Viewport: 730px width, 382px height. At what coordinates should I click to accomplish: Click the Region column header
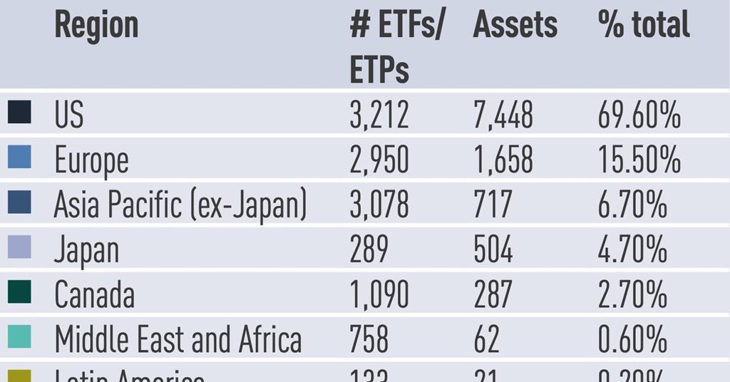96,26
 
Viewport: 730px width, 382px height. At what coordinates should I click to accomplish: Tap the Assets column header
515,26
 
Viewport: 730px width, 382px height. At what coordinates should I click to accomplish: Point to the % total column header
644,26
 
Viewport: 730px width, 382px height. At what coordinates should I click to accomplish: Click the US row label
69,115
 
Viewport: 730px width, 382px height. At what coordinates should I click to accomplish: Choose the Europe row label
91,161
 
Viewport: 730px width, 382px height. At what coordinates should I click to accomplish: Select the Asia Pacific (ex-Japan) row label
180,206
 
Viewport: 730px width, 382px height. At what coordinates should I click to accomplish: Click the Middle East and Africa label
178,340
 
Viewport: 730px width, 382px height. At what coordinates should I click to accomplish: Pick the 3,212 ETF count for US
379,115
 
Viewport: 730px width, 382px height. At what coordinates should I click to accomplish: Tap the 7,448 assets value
503,115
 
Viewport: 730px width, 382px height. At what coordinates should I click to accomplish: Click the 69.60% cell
639,115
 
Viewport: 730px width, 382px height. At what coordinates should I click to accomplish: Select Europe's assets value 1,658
503,160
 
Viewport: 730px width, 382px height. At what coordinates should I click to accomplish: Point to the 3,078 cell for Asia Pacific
379,205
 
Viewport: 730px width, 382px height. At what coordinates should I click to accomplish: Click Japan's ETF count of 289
369,250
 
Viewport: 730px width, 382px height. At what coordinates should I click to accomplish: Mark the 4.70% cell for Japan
632,250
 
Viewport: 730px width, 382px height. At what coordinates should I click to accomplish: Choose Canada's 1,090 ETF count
379,295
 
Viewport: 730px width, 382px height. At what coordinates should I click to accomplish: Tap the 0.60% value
632,340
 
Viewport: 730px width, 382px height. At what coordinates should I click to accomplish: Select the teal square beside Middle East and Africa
19,336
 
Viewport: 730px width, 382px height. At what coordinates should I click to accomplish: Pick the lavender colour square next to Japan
19,247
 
